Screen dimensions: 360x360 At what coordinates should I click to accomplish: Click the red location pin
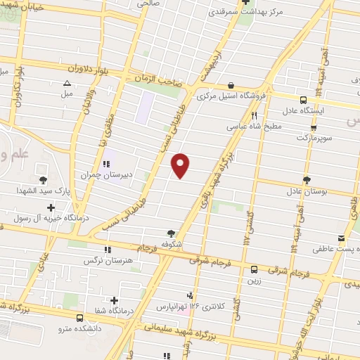(181, 164)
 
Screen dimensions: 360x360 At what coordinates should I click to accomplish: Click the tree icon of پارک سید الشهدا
(44, 180)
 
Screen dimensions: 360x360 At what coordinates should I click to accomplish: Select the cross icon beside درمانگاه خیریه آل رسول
(51, 207)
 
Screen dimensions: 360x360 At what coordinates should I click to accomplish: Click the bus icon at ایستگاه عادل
(303, 100)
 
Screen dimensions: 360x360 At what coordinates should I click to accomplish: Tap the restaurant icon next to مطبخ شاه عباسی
(255, 115)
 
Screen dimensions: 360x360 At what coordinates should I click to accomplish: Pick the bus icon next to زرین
(254, 269)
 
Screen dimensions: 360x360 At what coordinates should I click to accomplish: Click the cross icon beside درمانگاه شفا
(114, 301)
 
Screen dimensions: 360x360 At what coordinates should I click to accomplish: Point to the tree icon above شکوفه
(172, 233)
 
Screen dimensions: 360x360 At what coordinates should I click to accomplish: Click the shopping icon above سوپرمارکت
(314, 127)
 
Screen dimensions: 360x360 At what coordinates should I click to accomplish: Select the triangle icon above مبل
(67, 82)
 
